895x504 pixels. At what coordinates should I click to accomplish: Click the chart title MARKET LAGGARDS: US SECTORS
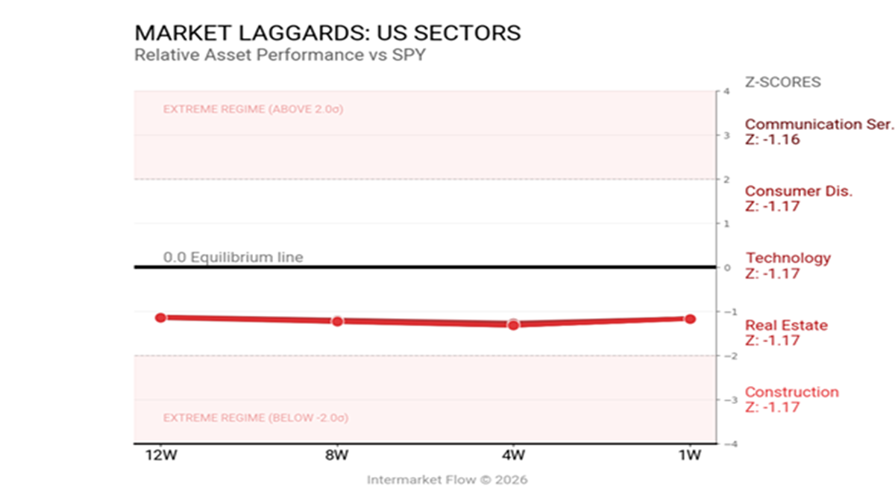(x=327, y=34)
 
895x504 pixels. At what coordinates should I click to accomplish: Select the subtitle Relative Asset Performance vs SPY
(x=280, y=55)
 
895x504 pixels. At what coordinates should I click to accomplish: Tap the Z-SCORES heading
(x=782, y=82)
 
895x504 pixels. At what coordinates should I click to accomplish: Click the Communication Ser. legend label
(x=819, y=125)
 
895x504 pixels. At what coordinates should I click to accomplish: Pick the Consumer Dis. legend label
(x=799, y=191)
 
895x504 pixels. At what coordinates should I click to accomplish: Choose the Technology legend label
(x=788, y=258)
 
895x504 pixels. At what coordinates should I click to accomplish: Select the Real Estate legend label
(x=786, y=326)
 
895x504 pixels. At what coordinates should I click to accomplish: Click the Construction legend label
(x=791, y=392)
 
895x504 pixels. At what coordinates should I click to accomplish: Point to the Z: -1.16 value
(x=772, y=140)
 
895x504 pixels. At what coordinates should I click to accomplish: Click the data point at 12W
(x=160, y=317)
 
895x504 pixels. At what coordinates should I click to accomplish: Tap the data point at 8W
(x=337, y=321)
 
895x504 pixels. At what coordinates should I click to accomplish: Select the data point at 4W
(x=513, y=324)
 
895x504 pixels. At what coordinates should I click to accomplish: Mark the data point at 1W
(x=690, y=319)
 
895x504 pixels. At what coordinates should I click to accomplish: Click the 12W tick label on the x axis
(x=160, y=455)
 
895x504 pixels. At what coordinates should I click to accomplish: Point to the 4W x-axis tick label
(x=513, y=455)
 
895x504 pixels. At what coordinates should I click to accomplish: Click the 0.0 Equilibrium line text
(x=233, y=258)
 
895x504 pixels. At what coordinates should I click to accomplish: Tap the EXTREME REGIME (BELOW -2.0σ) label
(x=255, y=418)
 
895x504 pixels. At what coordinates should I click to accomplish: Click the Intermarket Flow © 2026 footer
(x=447, y=480)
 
